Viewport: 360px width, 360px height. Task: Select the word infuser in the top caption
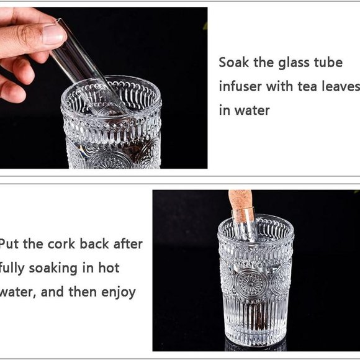[x=240, y=86]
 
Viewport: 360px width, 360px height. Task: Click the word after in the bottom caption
[x=126, y=244]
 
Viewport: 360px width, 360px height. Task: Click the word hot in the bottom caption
[x=107, y=268]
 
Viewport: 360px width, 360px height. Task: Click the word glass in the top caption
[x=284, y=63]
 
